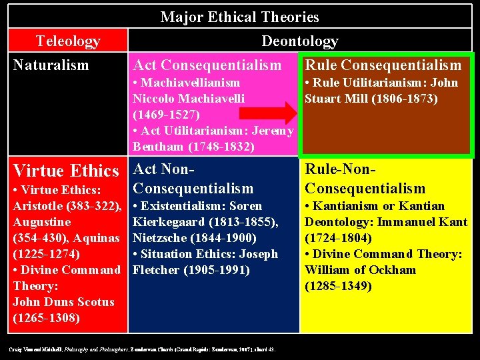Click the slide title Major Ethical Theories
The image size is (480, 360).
(x=239, y=17)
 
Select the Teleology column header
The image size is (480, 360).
(x=68, y=41)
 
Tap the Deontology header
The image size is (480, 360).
(x=299, y=41)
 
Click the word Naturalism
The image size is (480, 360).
(x=51, y=65)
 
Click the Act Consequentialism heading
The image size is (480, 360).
(x=207, y=65)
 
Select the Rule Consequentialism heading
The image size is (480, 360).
(x=383, y=65)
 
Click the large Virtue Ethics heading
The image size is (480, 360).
(x=66, y=170)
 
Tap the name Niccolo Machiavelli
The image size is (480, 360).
(x=189, y=98)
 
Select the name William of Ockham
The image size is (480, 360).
(x=360, y=270)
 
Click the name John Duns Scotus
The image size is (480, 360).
(x=63, y=302)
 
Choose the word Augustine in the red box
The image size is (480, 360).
(x=42, y=222)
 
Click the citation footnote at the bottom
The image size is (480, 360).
(x=143, y=349)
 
